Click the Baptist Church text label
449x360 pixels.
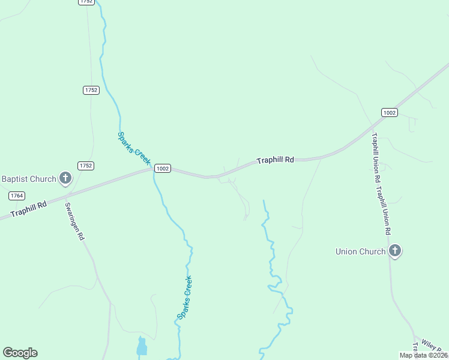click(28, 179)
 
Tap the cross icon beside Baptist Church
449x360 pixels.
click(66, 178)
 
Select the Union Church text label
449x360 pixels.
click(360, 251)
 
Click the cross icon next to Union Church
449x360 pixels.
click(394, 251)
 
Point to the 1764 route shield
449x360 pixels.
click(17, 196)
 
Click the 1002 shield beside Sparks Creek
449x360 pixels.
click(163, 169)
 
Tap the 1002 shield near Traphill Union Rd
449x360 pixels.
click(389, 112)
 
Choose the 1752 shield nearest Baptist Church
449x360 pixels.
click(86, 166)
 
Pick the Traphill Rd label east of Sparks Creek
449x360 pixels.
click(275, 161)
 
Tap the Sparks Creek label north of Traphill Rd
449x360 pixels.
click(133, 149)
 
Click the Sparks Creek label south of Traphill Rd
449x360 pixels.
click(184, 298)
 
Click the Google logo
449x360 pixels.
click(20, 353)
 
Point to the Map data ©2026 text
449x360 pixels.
click(423, 355)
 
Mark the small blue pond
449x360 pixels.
click(142, 347)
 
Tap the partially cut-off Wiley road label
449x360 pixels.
click(431, 346)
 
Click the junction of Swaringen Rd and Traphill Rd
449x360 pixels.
click(65, 196)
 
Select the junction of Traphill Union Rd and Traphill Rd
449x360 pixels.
click(371, 134)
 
